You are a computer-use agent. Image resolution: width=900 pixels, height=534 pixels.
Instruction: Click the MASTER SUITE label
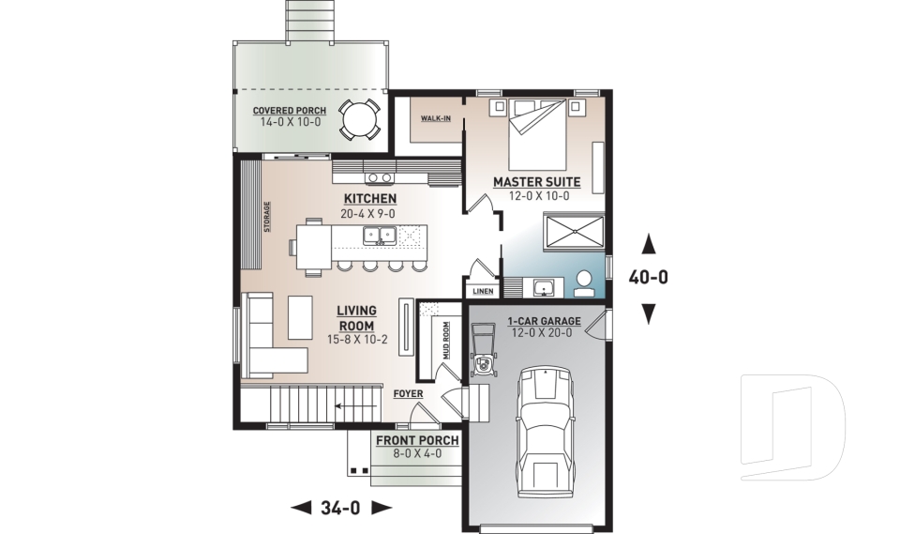tap(536, 182)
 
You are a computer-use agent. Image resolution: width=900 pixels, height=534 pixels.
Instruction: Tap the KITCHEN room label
tap(370, 199)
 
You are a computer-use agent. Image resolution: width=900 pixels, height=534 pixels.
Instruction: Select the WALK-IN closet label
tap(436, 119)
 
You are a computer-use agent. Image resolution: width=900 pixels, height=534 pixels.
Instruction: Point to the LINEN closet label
tap(483, 292)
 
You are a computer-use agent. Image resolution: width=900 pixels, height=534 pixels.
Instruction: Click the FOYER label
tap(408, 394)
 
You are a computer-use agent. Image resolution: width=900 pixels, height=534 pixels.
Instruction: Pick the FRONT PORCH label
tap(417, 441)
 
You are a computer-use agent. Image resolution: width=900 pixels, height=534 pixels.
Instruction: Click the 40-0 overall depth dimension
tap(649, 278)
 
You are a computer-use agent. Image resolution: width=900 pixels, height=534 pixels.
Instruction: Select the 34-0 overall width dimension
tap(340, 508)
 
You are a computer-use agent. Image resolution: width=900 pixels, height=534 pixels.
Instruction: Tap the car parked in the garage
tap(546, 433)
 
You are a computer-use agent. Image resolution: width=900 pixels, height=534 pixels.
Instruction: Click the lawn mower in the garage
tap(483, 351)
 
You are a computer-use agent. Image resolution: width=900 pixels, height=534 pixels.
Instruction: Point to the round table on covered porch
tap(359, 119)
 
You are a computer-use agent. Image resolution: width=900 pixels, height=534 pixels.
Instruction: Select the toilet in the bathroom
tap(584, 284)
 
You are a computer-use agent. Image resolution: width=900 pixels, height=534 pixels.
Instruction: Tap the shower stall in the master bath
tap(574, 232)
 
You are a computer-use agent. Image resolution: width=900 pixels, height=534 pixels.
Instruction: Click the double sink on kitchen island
tap(380, 236)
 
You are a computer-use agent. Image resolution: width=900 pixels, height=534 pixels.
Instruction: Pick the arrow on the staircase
tap(356, 406)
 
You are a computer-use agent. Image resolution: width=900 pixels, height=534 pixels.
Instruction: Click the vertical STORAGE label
tap(267, 217)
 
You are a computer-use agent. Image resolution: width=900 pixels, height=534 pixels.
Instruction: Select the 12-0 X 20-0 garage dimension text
tap(540, 333)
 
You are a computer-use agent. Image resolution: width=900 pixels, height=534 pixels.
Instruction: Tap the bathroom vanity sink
tap(542, 287)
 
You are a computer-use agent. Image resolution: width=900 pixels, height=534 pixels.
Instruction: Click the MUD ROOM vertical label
tap(446, 341)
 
